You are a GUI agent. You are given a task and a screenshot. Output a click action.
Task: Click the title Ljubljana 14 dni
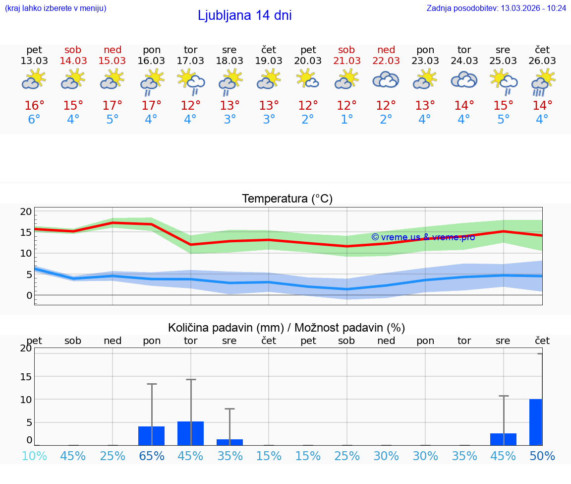click(244, 15)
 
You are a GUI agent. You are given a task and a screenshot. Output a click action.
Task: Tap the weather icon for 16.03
click(152, 81)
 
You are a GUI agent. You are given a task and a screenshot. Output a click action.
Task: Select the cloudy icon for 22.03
click(386, 80)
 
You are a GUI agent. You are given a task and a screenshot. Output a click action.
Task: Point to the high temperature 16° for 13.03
click(34, 106)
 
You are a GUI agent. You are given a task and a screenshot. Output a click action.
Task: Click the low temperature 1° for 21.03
click(346, 120)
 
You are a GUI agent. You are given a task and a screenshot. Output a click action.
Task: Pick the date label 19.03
click(269, 61)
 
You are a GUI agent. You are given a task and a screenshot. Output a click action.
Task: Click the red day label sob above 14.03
click(73, 50)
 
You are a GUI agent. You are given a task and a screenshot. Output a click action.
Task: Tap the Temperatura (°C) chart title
click(287, 199)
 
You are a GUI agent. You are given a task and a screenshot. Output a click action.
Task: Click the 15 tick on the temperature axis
click(26, 232)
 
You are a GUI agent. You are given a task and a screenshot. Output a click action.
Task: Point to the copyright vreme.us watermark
click(423, 237)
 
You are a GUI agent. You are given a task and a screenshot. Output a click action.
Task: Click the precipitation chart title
click(286, 328)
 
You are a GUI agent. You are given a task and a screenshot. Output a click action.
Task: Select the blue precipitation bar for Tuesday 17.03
click(190, 433)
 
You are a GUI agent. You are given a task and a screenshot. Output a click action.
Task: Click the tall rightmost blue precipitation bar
click(535, 422)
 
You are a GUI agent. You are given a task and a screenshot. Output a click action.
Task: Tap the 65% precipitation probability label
click(152, 456)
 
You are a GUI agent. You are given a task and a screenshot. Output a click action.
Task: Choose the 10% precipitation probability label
click(34, 456)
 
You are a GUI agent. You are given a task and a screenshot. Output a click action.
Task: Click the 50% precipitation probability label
click(542, 456)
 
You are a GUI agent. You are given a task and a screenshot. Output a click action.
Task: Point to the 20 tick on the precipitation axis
click(26, 348)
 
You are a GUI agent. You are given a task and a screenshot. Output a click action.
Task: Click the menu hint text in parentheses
click(56, 8)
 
